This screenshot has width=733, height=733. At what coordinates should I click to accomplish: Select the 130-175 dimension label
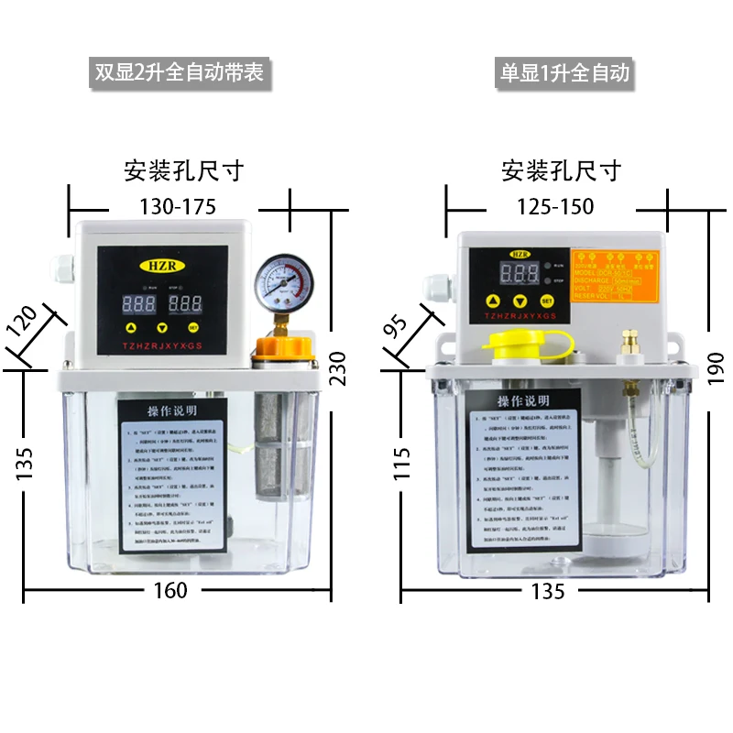point(178,207)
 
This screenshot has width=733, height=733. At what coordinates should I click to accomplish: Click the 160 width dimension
point(170,591)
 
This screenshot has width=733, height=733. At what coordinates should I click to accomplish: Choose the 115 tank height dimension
point(400,457)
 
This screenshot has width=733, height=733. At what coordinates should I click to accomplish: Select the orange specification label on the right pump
point(614,276)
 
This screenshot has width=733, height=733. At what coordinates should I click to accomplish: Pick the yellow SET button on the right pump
point(547,301)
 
